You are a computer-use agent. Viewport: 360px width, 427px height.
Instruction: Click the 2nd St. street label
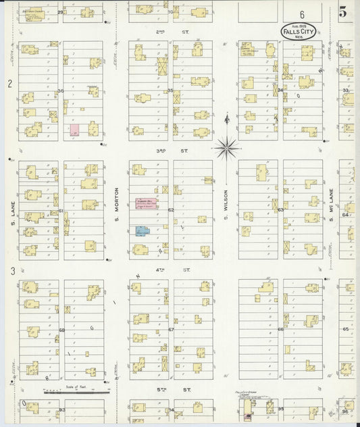coord(161,32)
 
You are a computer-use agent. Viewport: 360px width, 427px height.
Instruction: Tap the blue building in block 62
coord(142,231)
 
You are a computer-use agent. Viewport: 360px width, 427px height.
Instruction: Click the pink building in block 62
coord(145,203)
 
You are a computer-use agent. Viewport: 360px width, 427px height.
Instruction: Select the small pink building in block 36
coord(74,129)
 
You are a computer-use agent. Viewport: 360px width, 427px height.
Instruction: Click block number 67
coord(171,330)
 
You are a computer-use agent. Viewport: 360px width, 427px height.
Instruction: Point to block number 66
coord(280,330)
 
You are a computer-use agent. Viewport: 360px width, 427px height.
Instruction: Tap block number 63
coord(280,210)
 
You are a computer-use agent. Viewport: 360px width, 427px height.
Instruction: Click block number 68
coord(61,330)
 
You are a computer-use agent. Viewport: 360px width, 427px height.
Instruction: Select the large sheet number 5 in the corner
coord(343,11)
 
